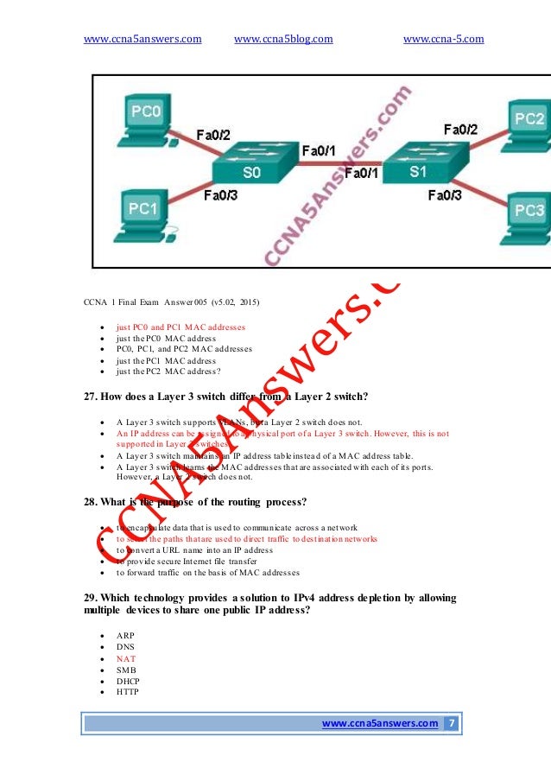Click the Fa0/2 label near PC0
tap(213, 135)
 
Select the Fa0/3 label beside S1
tap(446, 196)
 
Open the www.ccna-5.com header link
tap(443, 39)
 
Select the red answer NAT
tap(126, 658)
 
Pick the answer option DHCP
tap(128, 681)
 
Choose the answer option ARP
tap(126, 636)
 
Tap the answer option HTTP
tap(128, 692)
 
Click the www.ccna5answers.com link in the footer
tap(379, 723)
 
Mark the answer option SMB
tap(126, 670)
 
